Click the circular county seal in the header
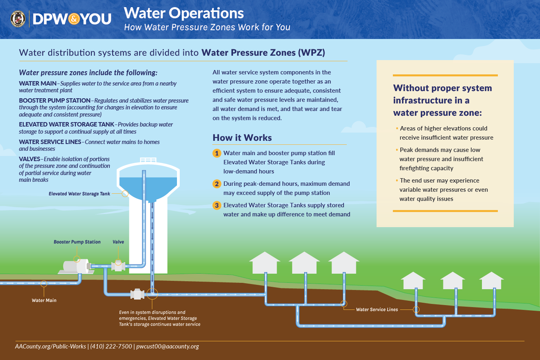pyautogui.click(x=18, y=19)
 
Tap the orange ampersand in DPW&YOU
pyautogui.click(x=74, y=19)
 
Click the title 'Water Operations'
pyautogui.click(x=184, y=13)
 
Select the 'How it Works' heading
pyautogui.click(x=242, y=138)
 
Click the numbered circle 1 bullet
pyautogui.click(x=217, y=153)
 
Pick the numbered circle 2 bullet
pyautogui.click(x=217, y=184)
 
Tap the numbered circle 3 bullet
pyautogui.click(x=217, y=205)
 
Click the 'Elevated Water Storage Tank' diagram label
pyautogui.click(x=79, y=194)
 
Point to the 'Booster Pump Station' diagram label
pyautogui.click(x=77, y=242)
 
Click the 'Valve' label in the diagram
pyautogui.click(x=118, y=242)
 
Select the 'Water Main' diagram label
pyautogui.click(x=44, y=300)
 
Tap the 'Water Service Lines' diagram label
pyautogui.click(x=377, y=309)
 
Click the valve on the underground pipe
pyautogui.click(x=137, y=294)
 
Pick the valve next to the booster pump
pyautogui.click(x=118, y=266)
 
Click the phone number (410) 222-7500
pyautogui.click(x=111, y=346)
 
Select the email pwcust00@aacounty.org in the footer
pyautogui.click(x=167, y=346)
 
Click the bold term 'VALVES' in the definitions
pyautogui.click(x=29, y=159)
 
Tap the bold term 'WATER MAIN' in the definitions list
pyautogui.click(x=38, y=84)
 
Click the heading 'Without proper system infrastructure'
pyautogui.click(x=442, y=100)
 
